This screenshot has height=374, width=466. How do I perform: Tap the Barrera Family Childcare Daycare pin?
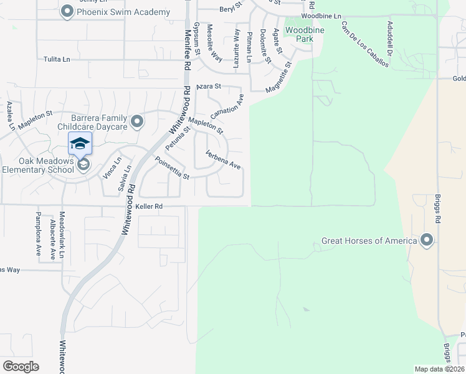pos(138,121)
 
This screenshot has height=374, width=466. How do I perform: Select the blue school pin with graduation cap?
pos(79,144)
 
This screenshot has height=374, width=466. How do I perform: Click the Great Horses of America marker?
pos(427,239)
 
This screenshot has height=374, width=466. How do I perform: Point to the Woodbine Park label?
pos(298,34)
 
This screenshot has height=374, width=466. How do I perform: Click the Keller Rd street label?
pos(148,206)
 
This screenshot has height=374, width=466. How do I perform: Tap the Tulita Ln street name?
pos(57,59)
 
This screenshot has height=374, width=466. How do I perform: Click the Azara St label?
pos(209,87)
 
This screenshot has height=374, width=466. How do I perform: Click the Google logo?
pos(21,367)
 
